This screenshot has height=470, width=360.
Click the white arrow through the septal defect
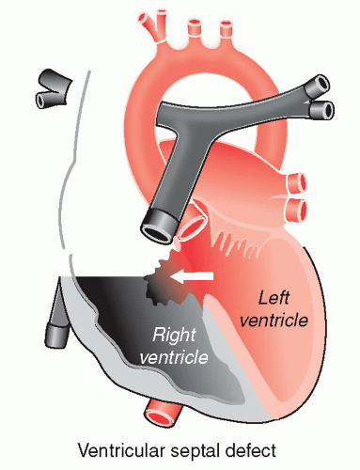pos(192,276)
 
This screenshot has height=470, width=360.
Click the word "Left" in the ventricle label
pos(274,298)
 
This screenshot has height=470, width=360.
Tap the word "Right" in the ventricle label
pos(174,335)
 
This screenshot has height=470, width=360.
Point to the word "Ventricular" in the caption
pos(121,450)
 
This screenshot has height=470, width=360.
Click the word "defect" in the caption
pos(253,450)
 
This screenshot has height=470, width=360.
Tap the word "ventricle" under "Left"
pos(274,321)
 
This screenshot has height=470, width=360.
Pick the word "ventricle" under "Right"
pos(174,357)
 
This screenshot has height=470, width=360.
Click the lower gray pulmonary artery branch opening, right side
pos(322,111)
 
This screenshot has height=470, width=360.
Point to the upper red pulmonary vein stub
pos(296,182)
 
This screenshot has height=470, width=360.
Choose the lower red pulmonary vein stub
pos(296,209)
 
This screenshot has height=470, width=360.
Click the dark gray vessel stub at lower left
pos(57,330)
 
